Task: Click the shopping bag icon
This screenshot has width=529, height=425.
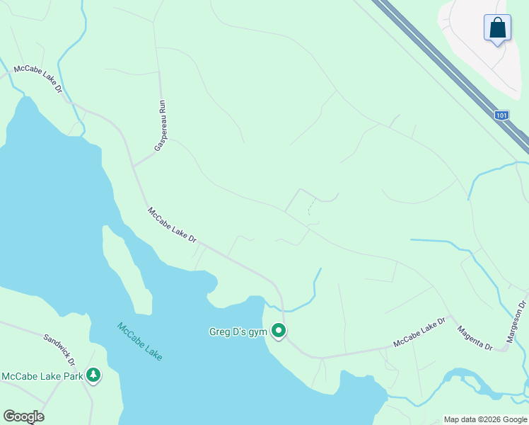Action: click(x=497, y=28)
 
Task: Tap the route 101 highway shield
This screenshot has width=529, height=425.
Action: click(x=501, y=115)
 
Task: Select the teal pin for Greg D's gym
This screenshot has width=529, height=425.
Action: click(x=279, y=331)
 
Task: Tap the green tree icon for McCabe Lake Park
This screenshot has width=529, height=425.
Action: click(x=93, y=375)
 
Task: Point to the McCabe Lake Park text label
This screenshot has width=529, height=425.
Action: click(x=42, y=376)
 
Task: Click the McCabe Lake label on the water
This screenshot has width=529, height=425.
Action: click(x=140, y=342)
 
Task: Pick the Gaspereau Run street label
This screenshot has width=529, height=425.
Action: click(x=160, y=125)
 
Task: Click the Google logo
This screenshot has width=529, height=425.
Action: click(x=23, y=416)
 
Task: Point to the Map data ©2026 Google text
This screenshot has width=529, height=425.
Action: click(x=485, y=419)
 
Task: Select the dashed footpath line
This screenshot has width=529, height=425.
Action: click(x=310, y=206)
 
